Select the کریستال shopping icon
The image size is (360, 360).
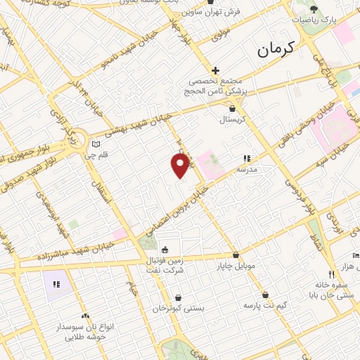tap(233, 108)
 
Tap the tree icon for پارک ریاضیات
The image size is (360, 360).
tap(314, 9)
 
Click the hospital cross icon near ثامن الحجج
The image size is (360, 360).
tap(216, 70)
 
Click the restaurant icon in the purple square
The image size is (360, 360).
tap(56, 285)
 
